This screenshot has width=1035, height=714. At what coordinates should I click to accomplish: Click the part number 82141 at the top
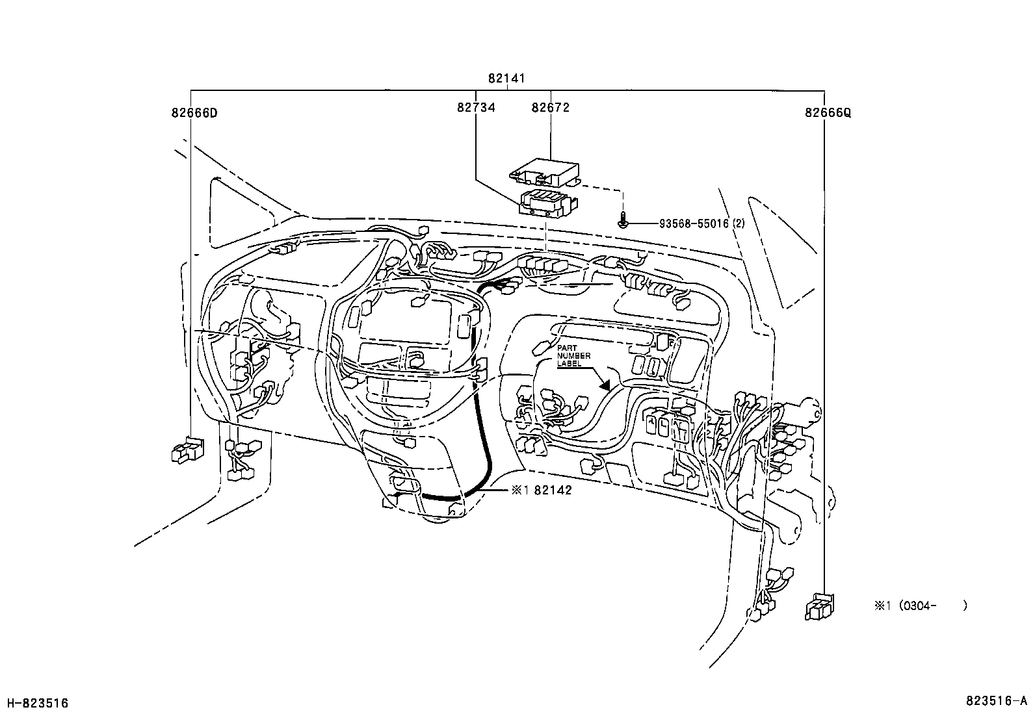pos(506,79)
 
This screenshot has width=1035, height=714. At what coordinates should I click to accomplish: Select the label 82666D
pos(194,112)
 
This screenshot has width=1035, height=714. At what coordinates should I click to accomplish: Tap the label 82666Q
pos(828,112)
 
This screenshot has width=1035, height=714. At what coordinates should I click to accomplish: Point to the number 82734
pos(476,107)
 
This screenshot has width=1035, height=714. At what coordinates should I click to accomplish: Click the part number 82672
pos(550,107)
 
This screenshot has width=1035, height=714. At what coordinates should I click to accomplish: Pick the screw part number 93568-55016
pos(694,223)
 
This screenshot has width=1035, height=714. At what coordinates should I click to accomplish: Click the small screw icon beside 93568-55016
pos(623,222)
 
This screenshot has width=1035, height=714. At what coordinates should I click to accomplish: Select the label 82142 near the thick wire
pos(553,491)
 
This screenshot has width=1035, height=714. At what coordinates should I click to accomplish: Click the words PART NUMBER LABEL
pos(573,356)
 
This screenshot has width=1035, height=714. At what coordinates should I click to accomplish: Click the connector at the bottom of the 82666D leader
pos(187,450)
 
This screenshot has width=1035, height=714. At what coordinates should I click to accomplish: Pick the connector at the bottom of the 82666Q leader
pos(819,606)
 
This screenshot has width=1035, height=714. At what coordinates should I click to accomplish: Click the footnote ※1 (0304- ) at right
pos(920,606)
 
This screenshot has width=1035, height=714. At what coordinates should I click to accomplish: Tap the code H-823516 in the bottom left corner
pos(37,703)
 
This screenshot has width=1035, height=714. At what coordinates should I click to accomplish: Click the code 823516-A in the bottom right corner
pos(995,701)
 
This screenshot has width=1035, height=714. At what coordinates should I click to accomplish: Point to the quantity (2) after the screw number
pos(739,223)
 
